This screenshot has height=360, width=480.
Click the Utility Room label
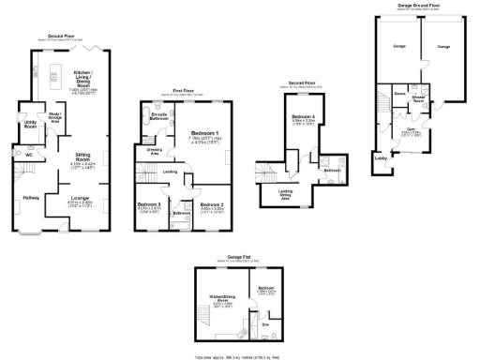[31, 123]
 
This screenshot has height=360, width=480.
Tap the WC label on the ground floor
[17, 155]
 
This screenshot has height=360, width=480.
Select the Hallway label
[32, 197]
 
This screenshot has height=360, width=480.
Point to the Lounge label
[80, 197]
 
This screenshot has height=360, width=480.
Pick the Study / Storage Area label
[54, 119]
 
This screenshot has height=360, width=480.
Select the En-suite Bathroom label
[158, 116]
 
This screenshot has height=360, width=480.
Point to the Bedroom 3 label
[149, 203]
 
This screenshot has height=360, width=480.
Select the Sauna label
[399, 94]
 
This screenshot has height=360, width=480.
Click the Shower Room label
[419, 97]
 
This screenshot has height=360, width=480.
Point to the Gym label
[411, 130]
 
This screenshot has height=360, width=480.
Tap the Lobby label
[382, 158]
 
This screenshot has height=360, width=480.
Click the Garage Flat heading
[230, 257]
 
